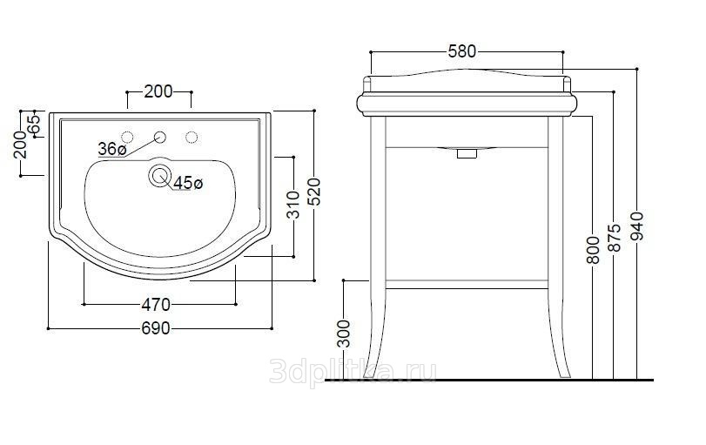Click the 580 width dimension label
click(462, 51)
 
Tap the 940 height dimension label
click(637, 226)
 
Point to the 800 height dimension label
click(593, 250)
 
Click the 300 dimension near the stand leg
click(344, 334)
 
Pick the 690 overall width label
click(156, 328)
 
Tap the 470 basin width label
click(156, 305)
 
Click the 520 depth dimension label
click(315, 192)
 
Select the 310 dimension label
click(293, 205)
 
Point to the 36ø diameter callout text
click(112, 148)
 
